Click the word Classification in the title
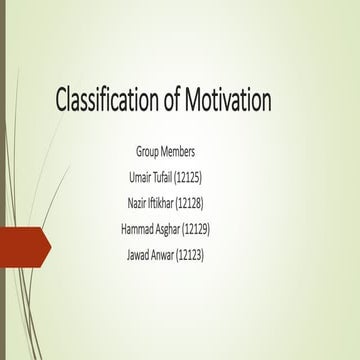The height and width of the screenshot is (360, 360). coord(113,102)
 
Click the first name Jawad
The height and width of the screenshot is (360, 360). coord(138,255)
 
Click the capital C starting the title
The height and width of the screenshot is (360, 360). coord(62,102)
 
